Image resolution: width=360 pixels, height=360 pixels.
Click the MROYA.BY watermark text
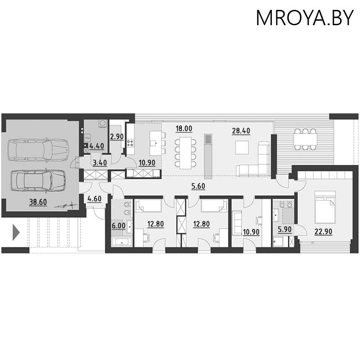click(x=305, y=18)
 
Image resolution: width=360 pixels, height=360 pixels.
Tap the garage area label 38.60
click(x=38, y=202)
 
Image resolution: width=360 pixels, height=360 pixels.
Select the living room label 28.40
click(x=241, y=131)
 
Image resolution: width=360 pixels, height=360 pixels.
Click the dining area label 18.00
click(x=184, y=129)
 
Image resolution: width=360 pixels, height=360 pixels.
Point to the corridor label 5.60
click(x=198, y=186)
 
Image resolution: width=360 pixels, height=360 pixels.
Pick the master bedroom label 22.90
click(x=323, y=232)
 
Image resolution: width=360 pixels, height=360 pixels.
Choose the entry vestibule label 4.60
click(x=94, y=198)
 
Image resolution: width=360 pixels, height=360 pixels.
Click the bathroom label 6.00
click(x=119, y=226)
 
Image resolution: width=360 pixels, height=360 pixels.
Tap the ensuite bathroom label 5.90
click(x=284, y=229)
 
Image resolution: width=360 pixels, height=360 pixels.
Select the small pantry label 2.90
click(x=117, y=137)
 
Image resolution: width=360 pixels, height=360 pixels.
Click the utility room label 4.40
click(x=97, y=146)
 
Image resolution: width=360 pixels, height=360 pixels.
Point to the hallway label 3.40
click(x=99, y=163)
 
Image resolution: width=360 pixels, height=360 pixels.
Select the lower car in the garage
click(x=38, y=180)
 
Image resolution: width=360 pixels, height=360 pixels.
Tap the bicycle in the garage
click(x=66, y=205)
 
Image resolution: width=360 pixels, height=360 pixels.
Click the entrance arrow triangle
click(x=16, y=232)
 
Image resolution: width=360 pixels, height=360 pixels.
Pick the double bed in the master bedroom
click(x=325, y=207)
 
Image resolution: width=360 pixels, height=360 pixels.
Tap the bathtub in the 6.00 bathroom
click(x=121, y=242)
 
